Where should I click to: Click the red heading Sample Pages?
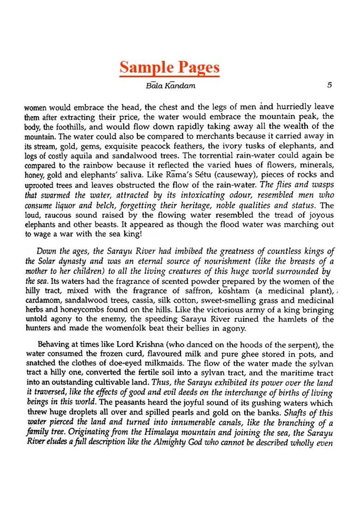click(169, 67)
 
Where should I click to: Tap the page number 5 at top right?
click(329, 85)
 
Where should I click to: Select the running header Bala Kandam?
click(169, 86)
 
